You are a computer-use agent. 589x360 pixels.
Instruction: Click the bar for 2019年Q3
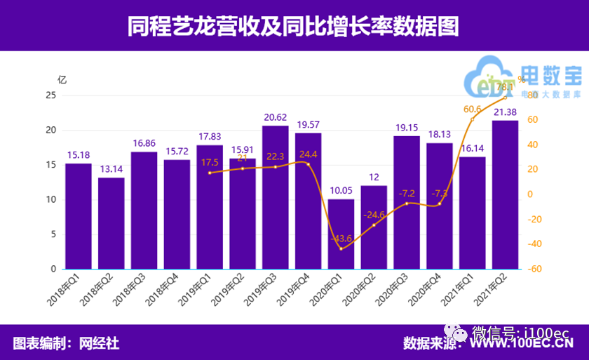pyautogui.click(x=276, y=197)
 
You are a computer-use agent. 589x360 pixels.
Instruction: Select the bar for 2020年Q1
pyautogui.click(x=341, y=234)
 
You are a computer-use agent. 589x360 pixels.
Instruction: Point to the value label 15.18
pyautogui.click(x=79, y=155)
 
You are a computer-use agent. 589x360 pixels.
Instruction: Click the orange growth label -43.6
pyautogui.click(x=341, y=238)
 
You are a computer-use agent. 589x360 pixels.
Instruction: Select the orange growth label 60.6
pyautogui.click(x=472, y=109)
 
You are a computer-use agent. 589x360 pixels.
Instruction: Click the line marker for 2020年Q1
pyautogui.click(x=341, y=248)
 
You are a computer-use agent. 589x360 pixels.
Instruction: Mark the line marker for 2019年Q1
pyautogui.click(x=210, y=173)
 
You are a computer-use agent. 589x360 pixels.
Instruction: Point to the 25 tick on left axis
pyautogui.click(x=50, y=95)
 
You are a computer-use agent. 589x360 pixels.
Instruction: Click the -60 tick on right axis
pyautogui.click(x=535, y=269)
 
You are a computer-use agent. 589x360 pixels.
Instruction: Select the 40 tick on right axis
pyautogui.click(x=534, y=145)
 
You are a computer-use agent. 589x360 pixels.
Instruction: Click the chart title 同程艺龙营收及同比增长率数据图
pyautogui.click(x=294, y=27)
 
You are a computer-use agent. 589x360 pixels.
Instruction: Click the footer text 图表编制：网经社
pyautogui.click(x=66, y=343)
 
